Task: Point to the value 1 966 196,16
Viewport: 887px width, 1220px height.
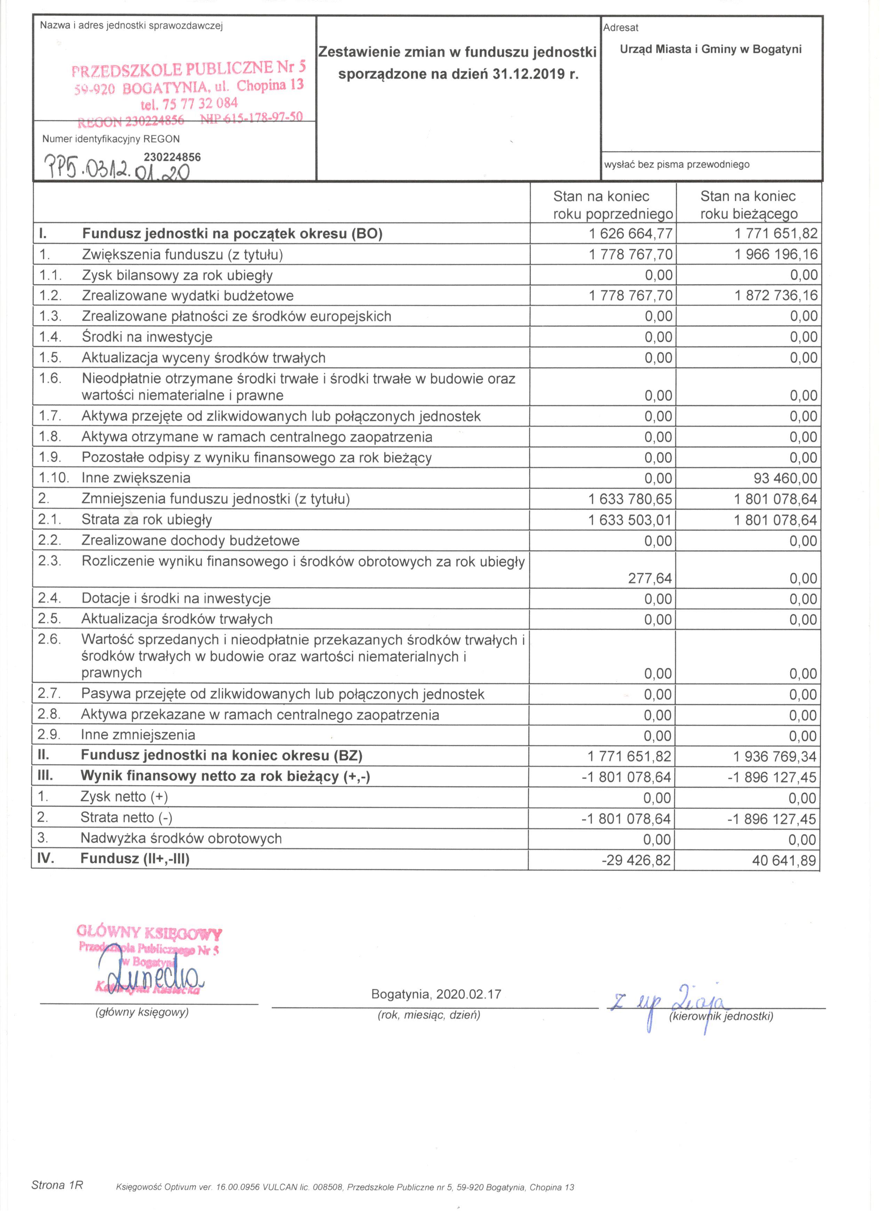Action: tap(776, 254)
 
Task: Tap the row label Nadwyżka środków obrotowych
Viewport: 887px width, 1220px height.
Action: tap(181, 839)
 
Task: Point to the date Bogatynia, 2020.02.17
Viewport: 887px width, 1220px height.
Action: tap(436, 994)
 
